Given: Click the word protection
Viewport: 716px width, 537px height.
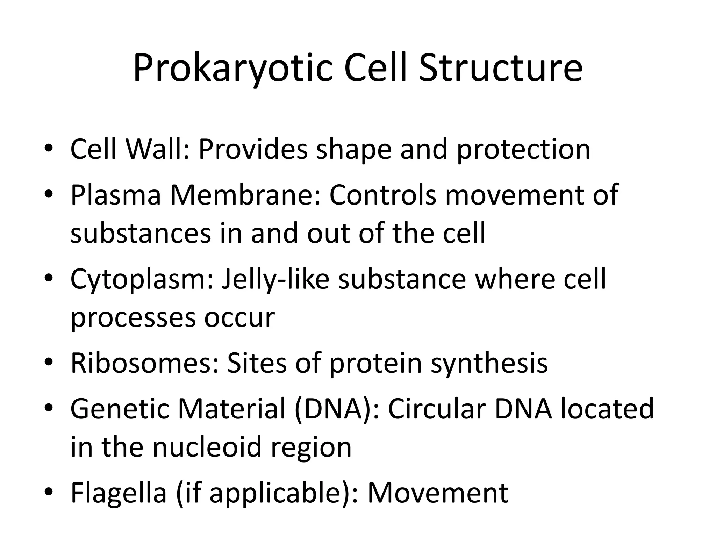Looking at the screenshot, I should click(x=523, y=150).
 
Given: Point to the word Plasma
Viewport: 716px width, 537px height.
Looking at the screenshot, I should click(x=116, y=195).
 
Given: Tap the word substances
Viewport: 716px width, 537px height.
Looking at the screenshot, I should click(x=141, y=233).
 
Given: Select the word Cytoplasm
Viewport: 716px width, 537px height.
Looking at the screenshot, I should click(x=141, y=280).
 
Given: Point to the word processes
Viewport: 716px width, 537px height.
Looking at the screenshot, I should click(x=133, y=318).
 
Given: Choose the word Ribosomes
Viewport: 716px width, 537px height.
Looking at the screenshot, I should click(x=144, y=364).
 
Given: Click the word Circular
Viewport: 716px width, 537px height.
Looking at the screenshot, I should click(x=437, y=409).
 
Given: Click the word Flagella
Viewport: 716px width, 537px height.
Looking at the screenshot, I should click(x=119, y=493).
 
